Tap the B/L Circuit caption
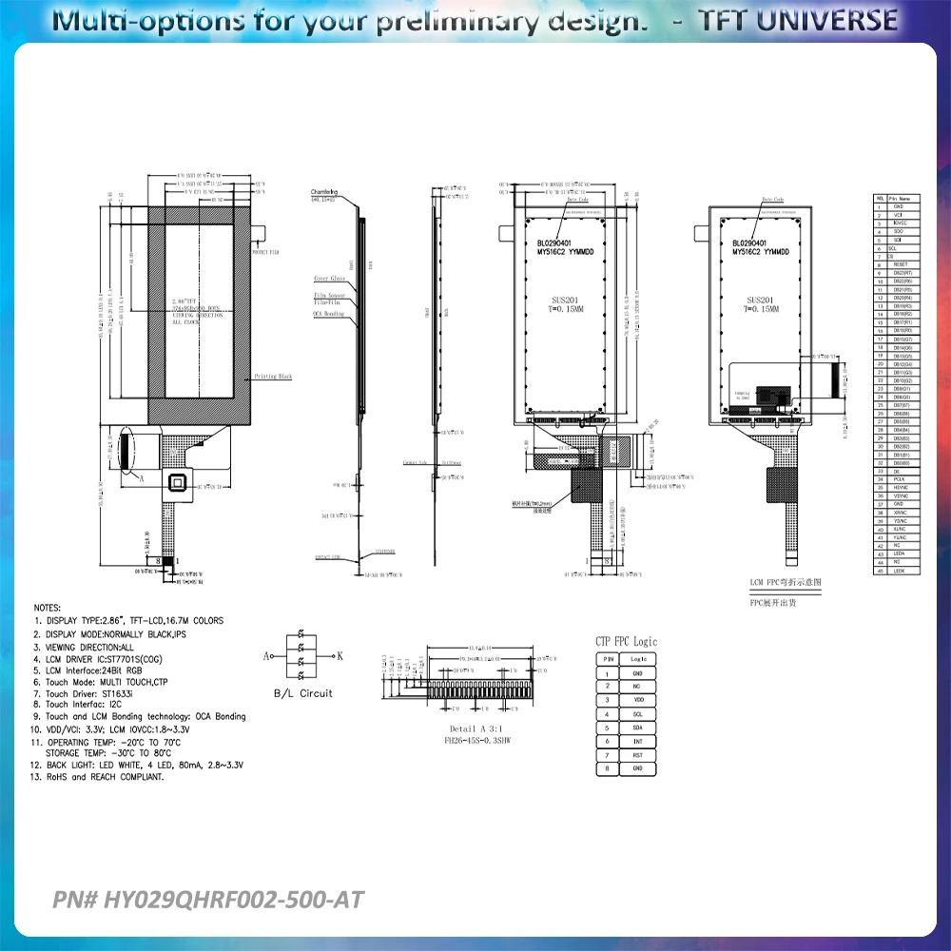[302, 693]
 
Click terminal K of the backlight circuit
[340, 656]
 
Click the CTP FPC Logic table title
[625, 642]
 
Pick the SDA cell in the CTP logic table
[637, 727]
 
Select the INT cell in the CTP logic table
[637, 740]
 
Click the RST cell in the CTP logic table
[637, 754]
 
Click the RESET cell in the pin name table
[899, 263]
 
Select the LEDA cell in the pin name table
[899, 553]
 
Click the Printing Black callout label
[273, 377]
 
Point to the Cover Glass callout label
[328, 280]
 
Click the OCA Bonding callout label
[329, 313]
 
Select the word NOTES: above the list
[48, 607]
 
